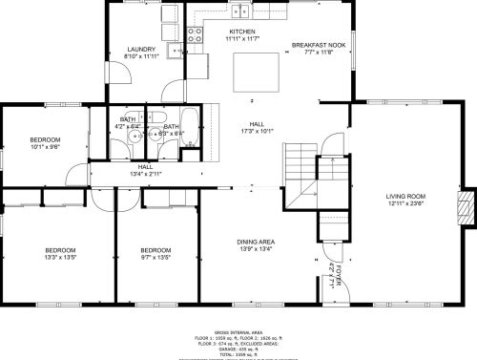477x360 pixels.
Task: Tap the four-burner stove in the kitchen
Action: (195, 36)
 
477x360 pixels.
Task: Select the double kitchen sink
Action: (242, 11)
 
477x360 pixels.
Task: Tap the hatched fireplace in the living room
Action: (465, 208)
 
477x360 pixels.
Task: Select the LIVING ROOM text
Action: (406, 196)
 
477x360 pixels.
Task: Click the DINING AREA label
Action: (257, 242)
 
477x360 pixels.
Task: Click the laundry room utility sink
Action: (175, 52)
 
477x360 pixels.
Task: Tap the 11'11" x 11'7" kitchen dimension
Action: (242, 39)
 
